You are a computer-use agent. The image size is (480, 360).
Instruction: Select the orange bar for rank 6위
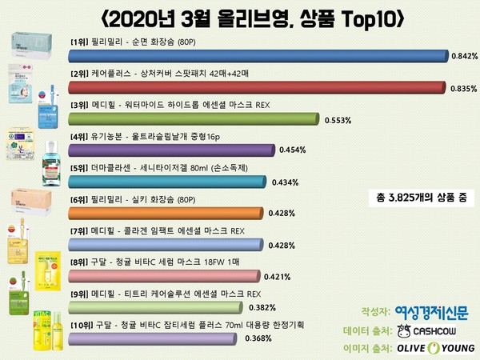point(165,212)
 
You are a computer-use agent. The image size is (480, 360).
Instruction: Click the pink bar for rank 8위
point(163,275)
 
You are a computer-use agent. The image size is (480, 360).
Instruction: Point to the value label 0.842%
point(463,56)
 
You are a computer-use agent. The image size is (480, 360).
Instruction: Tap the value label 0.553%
point(339,119)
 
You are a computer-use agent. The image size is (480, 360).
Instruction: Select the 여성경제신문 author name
point(432,310)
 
